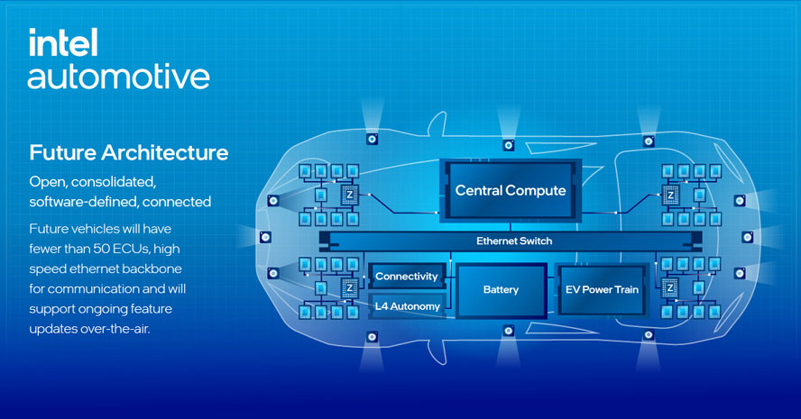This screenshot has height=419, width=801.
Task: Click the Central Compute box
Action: (510, 190)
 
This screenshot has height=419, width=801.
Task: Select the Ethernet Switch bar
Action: (513, 241)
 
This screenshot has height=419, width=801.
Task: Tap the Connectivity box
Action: (406, 277)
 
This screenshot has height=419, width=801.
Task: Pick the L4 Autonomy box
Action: (407, 306)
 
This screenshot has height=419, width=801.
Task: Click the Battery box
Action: (501, 290)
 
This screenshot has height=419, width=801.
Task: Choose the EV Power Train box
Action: (602, 290)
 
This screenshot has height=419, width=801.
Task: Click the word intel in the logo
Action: (63, 42)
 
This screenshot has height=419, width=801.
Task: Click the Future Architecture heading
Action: (128, 150)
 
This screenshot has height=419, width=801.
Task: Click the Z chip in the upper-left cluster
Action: (348, 194)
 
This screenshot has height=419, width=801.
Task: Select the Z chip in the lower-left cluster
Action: (348, 287)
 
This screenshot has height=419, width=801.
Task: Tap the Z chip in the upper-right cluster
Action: (670, 194)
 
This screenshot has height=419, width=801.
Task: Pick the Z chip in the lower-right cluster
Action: (670, 287)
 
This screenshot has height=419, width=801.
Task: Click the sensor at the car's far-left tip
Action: (265, 237)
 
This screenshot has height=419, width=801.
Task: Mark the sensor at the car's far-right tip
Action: (747, 237)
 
